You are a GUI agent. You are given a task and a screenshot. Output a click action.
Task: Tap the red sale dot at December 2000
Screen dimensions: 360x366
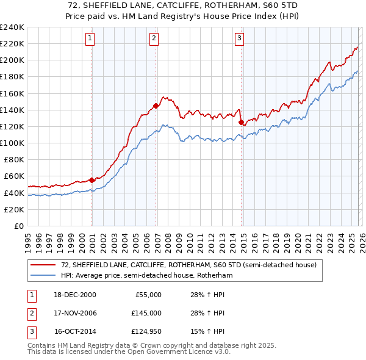pos(92,180)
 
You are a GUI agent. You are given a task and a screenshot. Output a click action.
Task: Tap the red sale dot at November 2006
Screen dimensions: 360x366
pos(156,106)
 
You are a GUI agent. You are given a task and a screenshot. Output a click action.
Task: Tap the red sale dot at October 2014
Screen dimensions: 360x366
pos(241,122)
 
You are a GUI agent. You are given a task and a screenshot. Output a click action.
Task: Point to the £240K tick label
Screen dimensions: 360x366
pos(12,27)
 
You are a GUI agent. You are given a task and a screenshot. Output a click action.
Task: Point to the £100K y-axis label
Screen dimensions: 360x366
pos(12,143)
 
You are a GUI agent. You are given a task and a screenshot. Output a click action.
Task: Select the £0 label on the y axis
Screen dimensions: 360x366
pos(19,226)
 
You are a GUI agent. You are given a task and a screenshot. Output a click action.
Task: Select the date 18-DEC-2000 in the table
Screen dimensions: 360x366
pos(75,295)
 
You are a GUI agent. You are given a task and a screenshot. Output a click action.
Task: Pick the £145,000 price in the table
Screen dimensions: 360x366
pos(146,313)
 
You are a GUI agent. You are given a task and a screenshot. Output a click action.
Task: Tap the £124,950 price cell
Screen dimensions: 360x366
pos(146,332)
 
